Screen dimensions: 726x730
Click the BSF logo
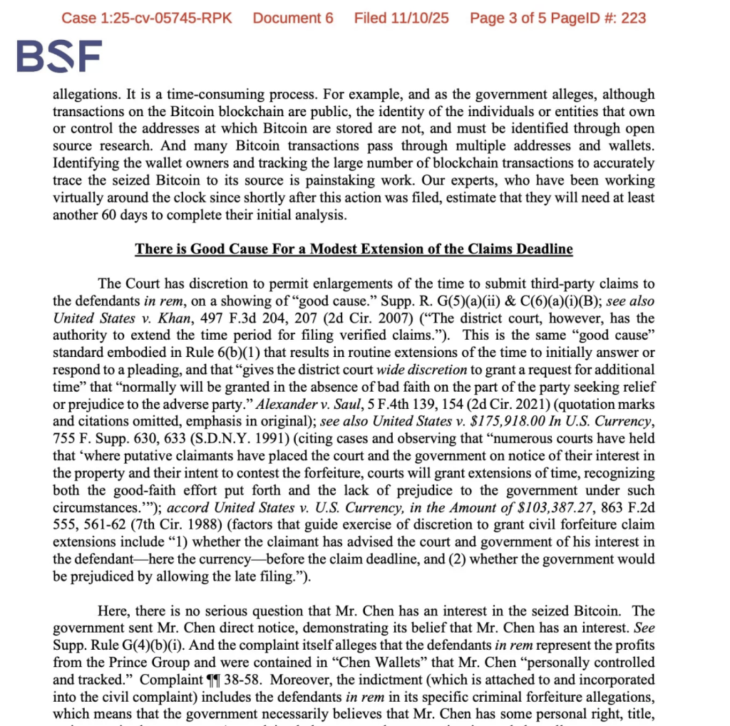59,56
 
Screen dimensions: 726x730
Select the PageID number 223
633,17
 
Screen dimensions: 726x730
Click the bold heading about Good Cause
354,249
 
